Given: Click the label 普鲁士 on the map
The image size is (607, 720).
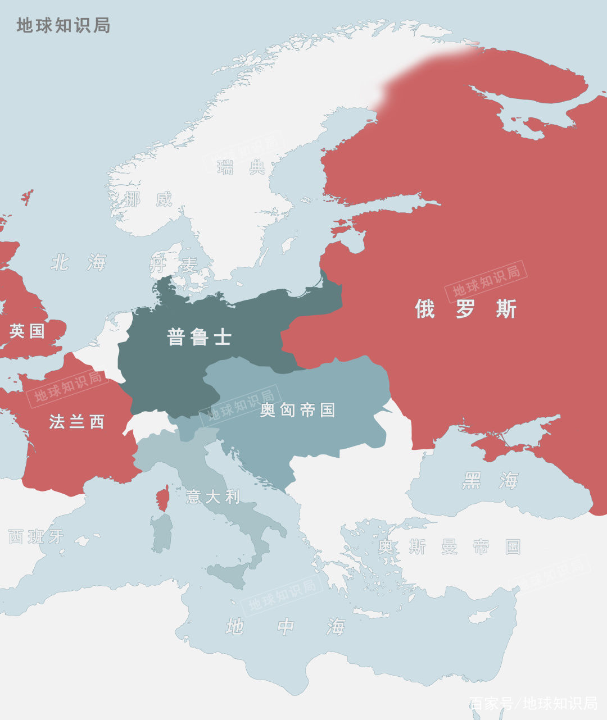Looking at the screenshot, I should [199, 337].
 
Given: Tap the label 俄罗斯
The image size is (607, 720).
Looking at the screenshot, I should [465, 309].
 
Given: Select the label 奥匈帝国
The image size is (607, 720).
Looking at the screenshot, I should [297, 411].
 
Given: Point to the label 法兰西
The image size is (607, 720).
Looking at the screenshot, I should [76, 422].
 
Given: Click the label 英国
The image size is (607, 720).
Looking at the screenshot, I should [27, 331].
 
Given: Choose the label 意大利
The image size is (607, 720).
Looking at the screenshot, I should [213, 496].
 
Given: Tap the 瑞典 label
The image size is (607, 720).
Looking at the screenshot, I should [242, 167].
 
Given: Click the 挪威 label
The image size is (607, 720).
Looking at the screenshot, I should [148, 199].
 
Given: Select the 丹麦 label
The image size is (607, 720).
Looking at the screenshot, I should [174, 265].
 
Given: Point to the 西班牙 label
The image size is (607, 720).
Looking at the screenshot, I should [36, 537].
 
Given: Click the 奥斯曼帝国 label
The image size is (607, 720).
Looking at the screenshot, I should [449, 546].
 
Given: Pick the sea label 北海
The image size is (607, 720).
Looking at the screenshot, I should [79, 262].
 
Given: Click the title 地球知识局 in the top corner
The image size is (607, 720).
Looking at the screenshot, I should [63, 25].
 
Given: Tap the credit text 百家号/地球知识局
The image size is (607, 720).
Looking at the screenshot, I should [533, 703].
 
